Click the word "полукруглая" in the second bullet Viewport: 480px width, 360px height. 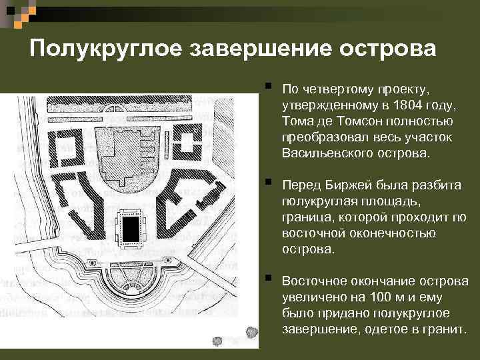click(315, 201)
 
